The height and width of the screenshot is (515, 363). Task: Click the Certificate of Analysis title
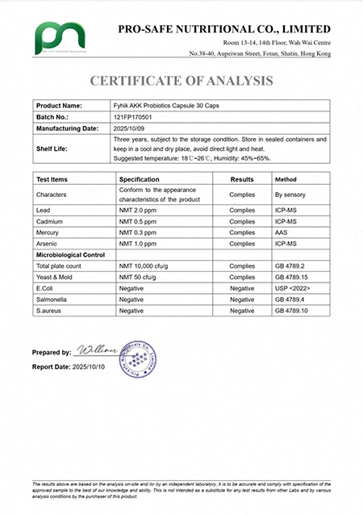point(181,80)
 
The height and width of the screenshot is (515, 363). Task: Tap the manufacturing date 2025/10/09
point(131,128)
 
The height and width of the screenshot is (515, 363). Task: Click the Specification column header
point(144,179)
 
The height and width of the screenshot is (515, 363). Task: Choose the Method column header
point(286,179)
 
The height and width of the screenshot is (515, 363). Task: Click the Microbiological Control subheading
point(72,253)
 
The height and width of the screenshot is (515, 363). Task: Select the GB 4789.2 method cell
point(290,265)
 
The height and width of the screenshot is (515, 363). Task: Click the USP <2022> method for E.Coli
point(292,287)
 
